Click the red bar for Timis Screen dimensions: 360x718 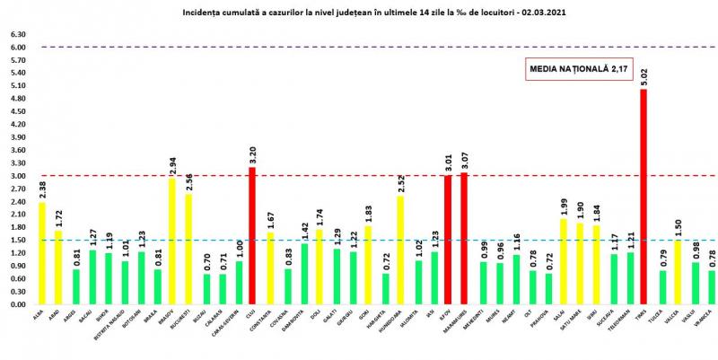(x=644, y=197)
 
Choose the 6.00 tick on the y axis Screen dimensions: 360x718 (x=19, y=48)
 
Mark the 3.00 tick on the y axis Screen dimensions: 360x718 (x=19, y=176)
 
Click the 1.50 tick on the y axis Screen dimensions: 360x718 (x=19, y=241)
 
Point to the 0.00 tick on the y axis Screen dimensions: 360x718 (x=19, y=304)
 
